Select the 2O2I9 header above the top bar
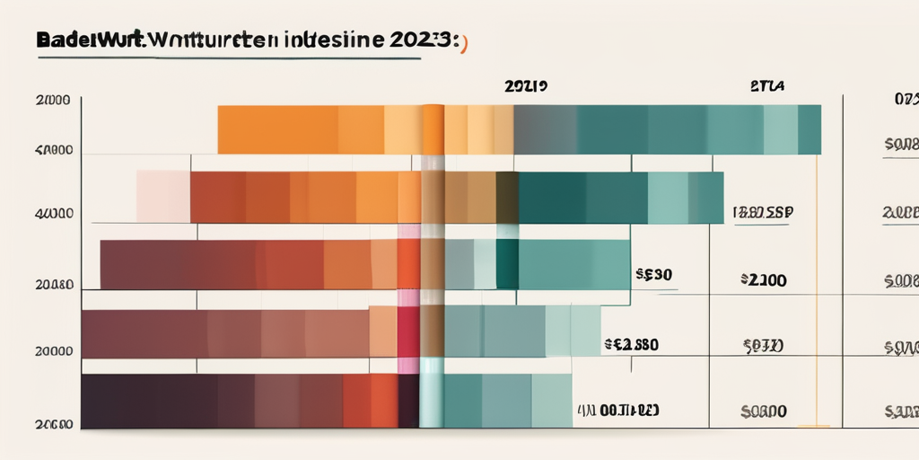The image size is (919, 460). coord(526,88)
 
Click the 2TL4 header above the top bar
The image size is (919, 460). coord(766,88)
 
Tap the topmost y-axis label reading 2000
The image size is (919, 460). coord(55,102)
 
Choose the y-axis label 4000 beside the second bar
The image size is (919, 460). coord(54,215)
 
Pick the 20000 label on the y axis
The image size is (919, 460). coord(54,352)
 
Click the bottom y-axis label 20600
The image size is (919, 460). coord(54,422)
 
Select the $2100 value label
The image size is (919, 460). coord(764,280)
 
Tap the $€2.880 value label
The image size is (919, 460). coord(633,343)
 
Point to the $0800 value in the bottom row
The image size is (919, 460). coord(764,411)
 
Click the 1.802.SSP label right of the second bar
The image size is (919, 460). coord(763,213)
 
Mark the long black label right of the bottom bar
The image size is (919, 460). coord(618,411)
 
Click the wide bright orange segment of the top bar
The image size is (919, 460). coord(278,129)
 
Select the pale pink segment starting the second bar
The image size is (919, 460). coord(162,197)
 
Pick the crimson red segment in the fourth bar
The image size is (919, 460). coord(407,332)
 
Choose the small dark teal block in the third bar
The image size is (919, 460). coord(507,264)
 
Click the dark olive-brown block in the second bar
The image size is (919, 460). coord(507,197)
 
